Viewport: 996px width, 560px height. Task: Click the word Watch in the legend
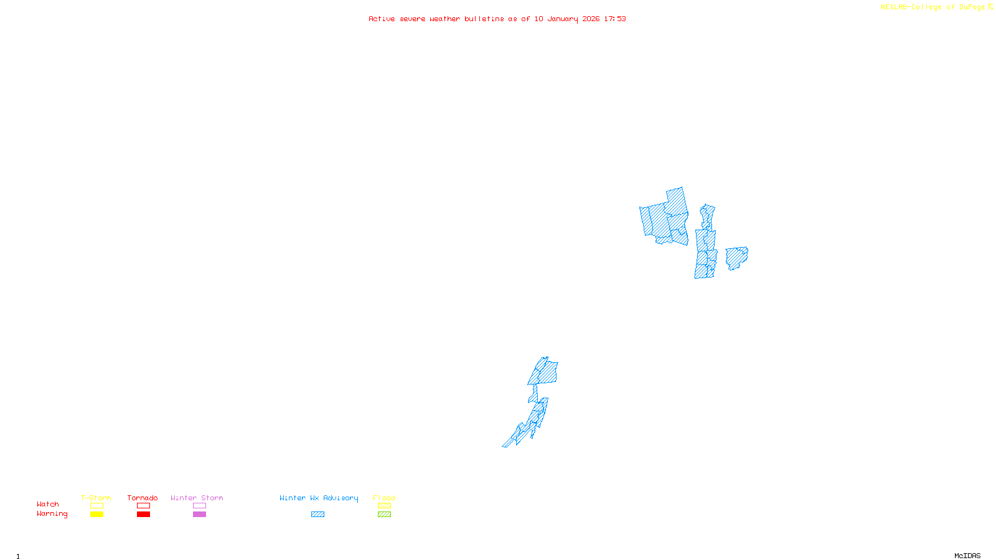(48, 504)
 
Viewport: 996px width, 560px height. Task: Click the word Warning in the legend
(52, 514)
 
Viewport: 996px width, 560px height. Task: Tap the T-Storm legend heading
(96, 498)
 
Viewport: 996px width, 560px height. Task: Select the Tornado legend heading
(143, 498)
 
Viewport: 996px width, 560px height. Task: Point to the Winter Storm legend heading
(197, 498)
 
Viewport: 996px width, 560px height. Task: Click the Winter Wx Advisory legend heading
(319, 498)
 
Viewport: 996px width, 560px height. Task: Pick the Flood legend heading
(384, 498)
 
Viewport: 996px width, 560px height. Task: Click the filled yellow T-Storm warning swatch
(96, 515)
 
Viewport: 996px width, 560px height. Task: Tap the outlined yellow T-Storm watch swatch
(96, 506)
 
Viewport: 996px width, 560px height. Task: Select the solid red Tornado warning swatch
(143, 515)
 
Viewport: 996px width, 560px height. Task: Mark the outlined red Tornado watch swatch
(143, 506)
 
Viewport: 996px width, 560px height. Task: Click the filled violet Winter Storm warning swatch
(199, 515)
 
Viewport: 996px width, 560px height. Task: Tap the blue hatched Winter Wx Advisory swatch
(317, 515)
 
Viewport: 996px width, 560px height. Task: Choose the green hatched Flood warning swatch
(384, 515)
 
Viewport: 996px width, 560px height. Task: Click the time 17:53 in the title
(615, 19)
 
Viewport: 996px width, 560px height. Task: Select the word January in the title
(562, 19)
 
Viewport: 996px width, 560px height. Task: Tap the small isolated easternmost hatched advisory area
(736, 258)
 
